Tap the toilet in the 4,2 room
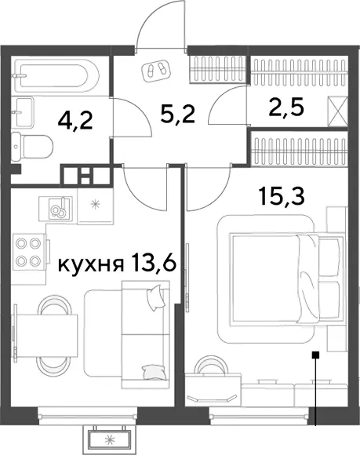coord(32,147)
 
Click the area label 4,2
coord(75,121)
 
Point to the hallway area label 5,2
coord(177,114)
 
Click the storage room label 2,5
coord(286,107)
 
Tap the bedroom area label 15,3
coord(282,196)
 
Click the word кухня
coord(91,265)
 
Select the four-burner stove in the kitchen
coord(29,252)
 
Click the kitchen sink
coord(56,209)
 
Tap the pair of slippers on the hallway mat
coord(156,70)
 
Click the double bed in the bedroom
coord(285,279)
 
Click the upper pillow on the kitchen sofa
coord(156,297)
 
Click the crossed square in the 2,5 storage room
coord(337,111)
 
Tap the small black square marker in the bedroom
coord(315,354)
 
